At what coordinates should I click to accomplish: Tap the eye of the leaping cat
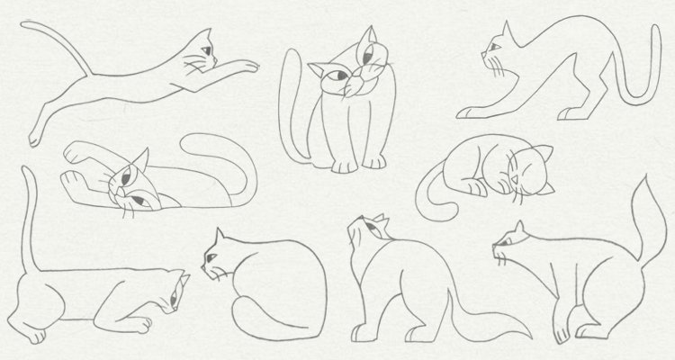pyautogui.click(x=205, y=49)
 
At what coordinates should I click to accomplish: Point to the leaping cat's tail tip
pyautogui.click(x=23, y=27)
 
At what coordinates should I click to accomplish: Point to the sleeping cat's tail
pyautogui.click(x=432, y=193)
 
